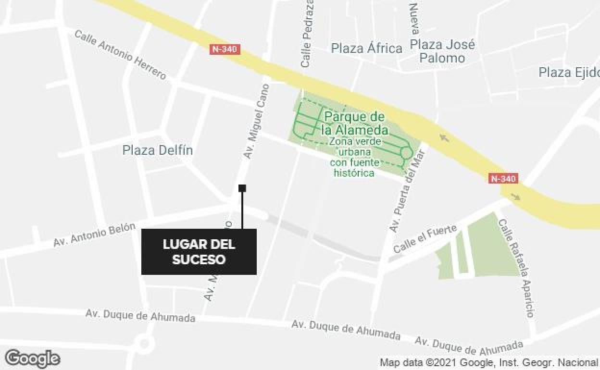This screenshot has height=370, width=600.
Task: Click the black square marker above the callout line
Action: [242, 188]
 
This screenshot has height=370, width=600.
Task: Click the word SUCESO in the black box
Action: [199, 259]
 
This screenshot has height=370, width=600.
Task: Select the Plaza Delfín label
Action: [158, 150]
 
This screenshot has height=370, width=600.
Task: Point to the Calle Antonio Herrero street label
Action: [120, 54]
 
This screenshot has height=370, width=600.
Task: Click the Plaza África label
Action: [367, 49]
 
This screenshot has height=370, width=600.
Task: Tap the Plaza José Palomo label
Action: [442, 51]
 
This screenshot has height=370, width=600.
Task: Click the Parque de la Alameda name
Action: [355, 123]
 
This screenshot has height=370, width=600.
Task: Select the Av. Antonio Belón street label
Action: [94, 234]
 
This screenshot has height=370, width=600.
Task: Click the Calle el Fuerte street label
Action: [425, 239]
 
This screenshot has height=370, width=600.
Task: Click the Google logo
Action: [33, 358]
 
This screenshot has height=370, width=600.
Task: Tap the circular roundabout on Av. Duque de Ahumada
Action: [144, 344]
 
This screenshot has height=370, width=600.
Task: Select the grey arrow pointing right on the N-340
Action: [515, 197]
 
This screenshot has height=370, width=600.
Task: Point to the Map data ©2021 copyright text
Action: [488, 362]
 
